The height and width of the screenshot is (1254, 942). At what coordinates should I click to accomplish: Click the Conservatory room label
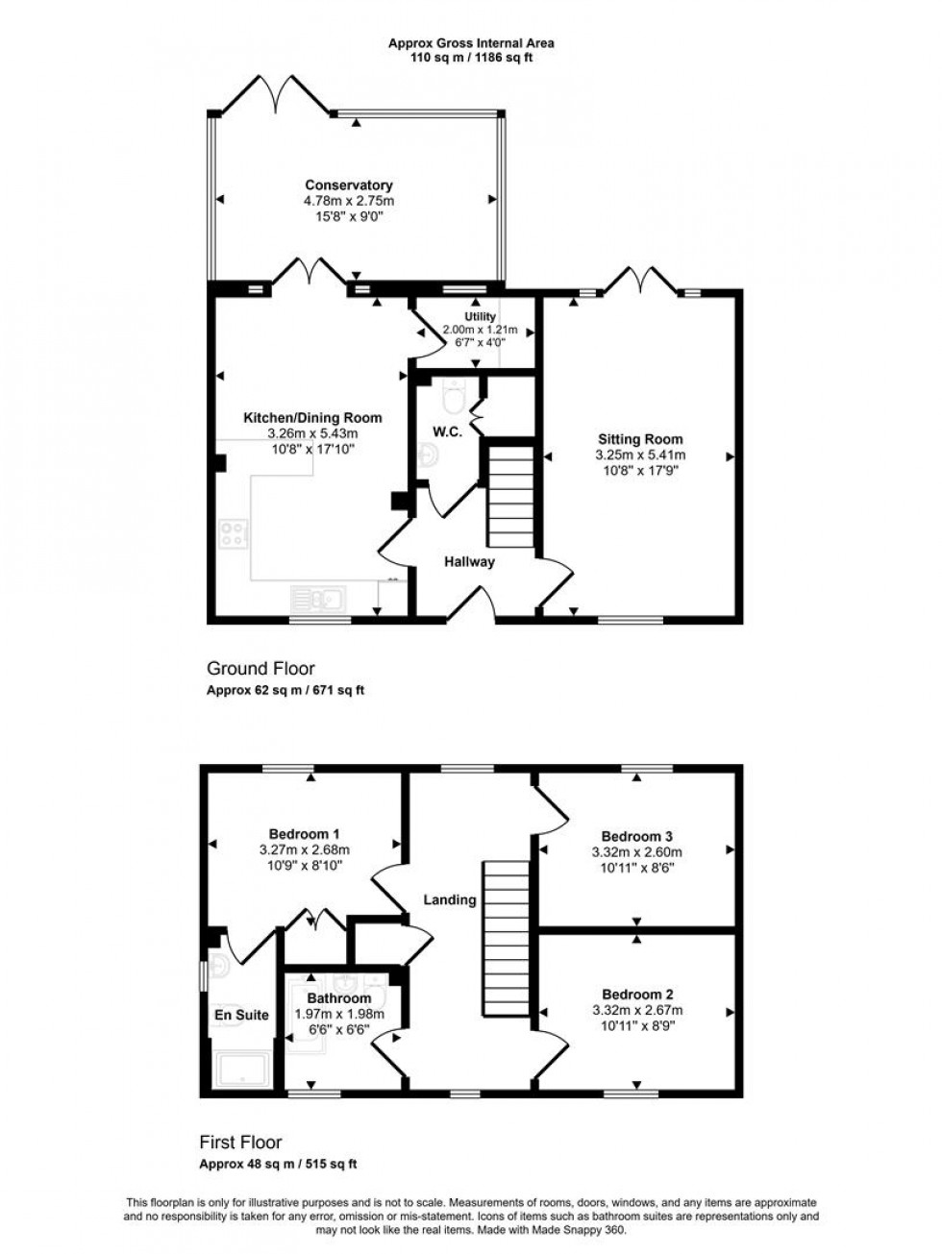click(349, 185)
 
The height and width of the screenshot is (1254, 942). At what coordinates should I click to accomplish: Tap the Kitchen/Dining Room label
click(312, 418)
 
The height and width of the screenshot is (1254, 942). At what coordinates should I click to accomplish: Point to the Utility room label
click(480, 316)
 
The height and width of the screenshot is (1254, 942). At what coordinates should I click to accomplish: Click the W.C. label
click(447, 432)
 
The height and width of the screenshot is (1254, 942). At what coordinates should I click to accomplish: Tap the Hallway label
click(469, 561)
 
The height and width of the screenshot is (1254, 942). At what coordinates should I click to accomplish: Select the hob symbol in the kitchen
click(234, 535)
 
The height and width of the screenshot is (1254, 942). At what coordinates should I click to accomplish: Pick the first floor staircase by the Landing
click(506, 937)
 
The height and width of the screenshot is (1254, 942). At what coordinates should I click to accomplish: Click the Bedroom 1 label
click(304, 834)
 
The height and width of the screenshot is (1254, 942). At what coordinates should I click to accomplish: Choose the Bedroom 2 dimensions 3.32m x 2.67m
click(639, 1010)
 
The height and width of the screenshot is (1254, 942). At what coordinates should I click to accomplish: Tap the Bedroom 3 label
click(639, 835)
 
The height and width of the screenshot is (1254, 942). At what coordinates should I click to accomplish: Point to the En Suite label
click(241, 1015)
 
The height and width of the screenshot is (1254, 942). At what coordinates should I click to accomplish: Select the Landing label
click(450, 900)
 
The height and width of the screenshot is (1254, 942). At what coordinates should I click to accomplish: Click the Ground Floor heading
click(260, 669)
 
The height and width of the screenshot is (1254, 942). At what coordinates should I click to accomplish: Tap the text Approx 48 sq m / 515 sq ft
click(278, 1164)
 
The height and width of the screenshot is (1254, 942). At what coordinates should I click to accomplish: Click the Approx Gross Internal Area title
click(471, 42)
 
